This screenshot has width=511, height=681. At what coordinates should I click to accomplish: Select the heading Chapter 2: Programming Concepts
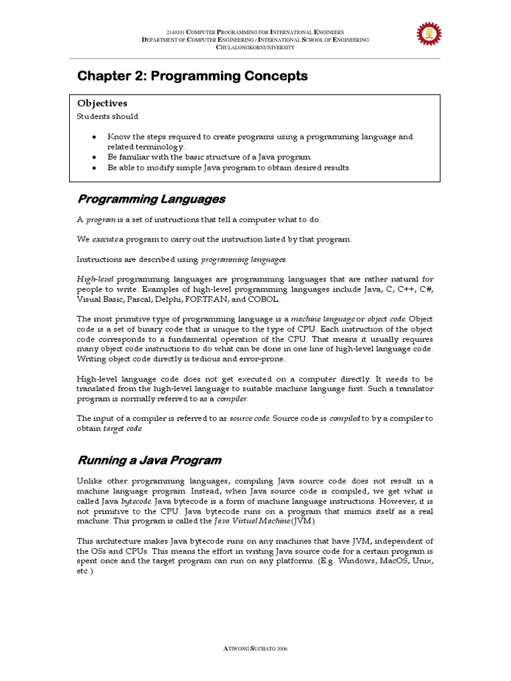(193, 76)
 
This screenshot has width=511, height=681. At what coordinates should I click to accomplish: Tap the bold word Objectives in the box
(102, 104)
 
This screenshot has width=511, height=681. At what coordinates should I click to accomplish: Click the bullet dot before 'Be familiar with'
(95, 157)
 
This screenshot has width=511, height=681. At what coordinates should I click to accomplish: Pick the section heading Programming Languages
(152, 199)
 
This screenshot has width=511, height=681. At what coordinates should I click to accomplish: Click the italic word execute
(104, 239)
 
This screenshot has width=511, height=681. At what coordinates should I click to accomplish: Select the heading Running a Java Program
(150, 460)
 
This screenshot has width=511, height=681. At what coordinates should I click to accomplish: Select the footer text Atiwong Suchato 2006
(255, 648)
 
